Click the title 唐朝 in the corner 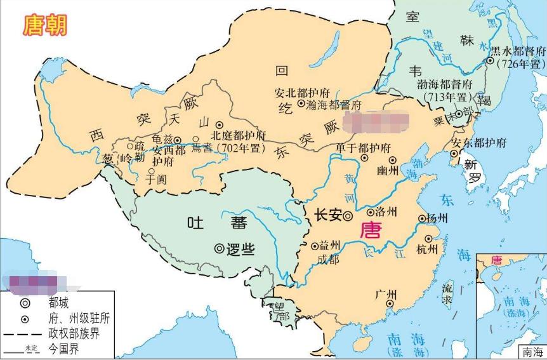(x=45, y=25)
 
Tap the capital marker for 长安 (x=348, y=216)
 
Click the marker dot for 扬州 (x=422, y=220)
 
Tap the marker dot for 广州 (x=389, y=305)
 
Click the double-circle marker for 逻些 (x=219, y=249)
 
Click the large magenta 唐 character (x=371, y=230)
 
